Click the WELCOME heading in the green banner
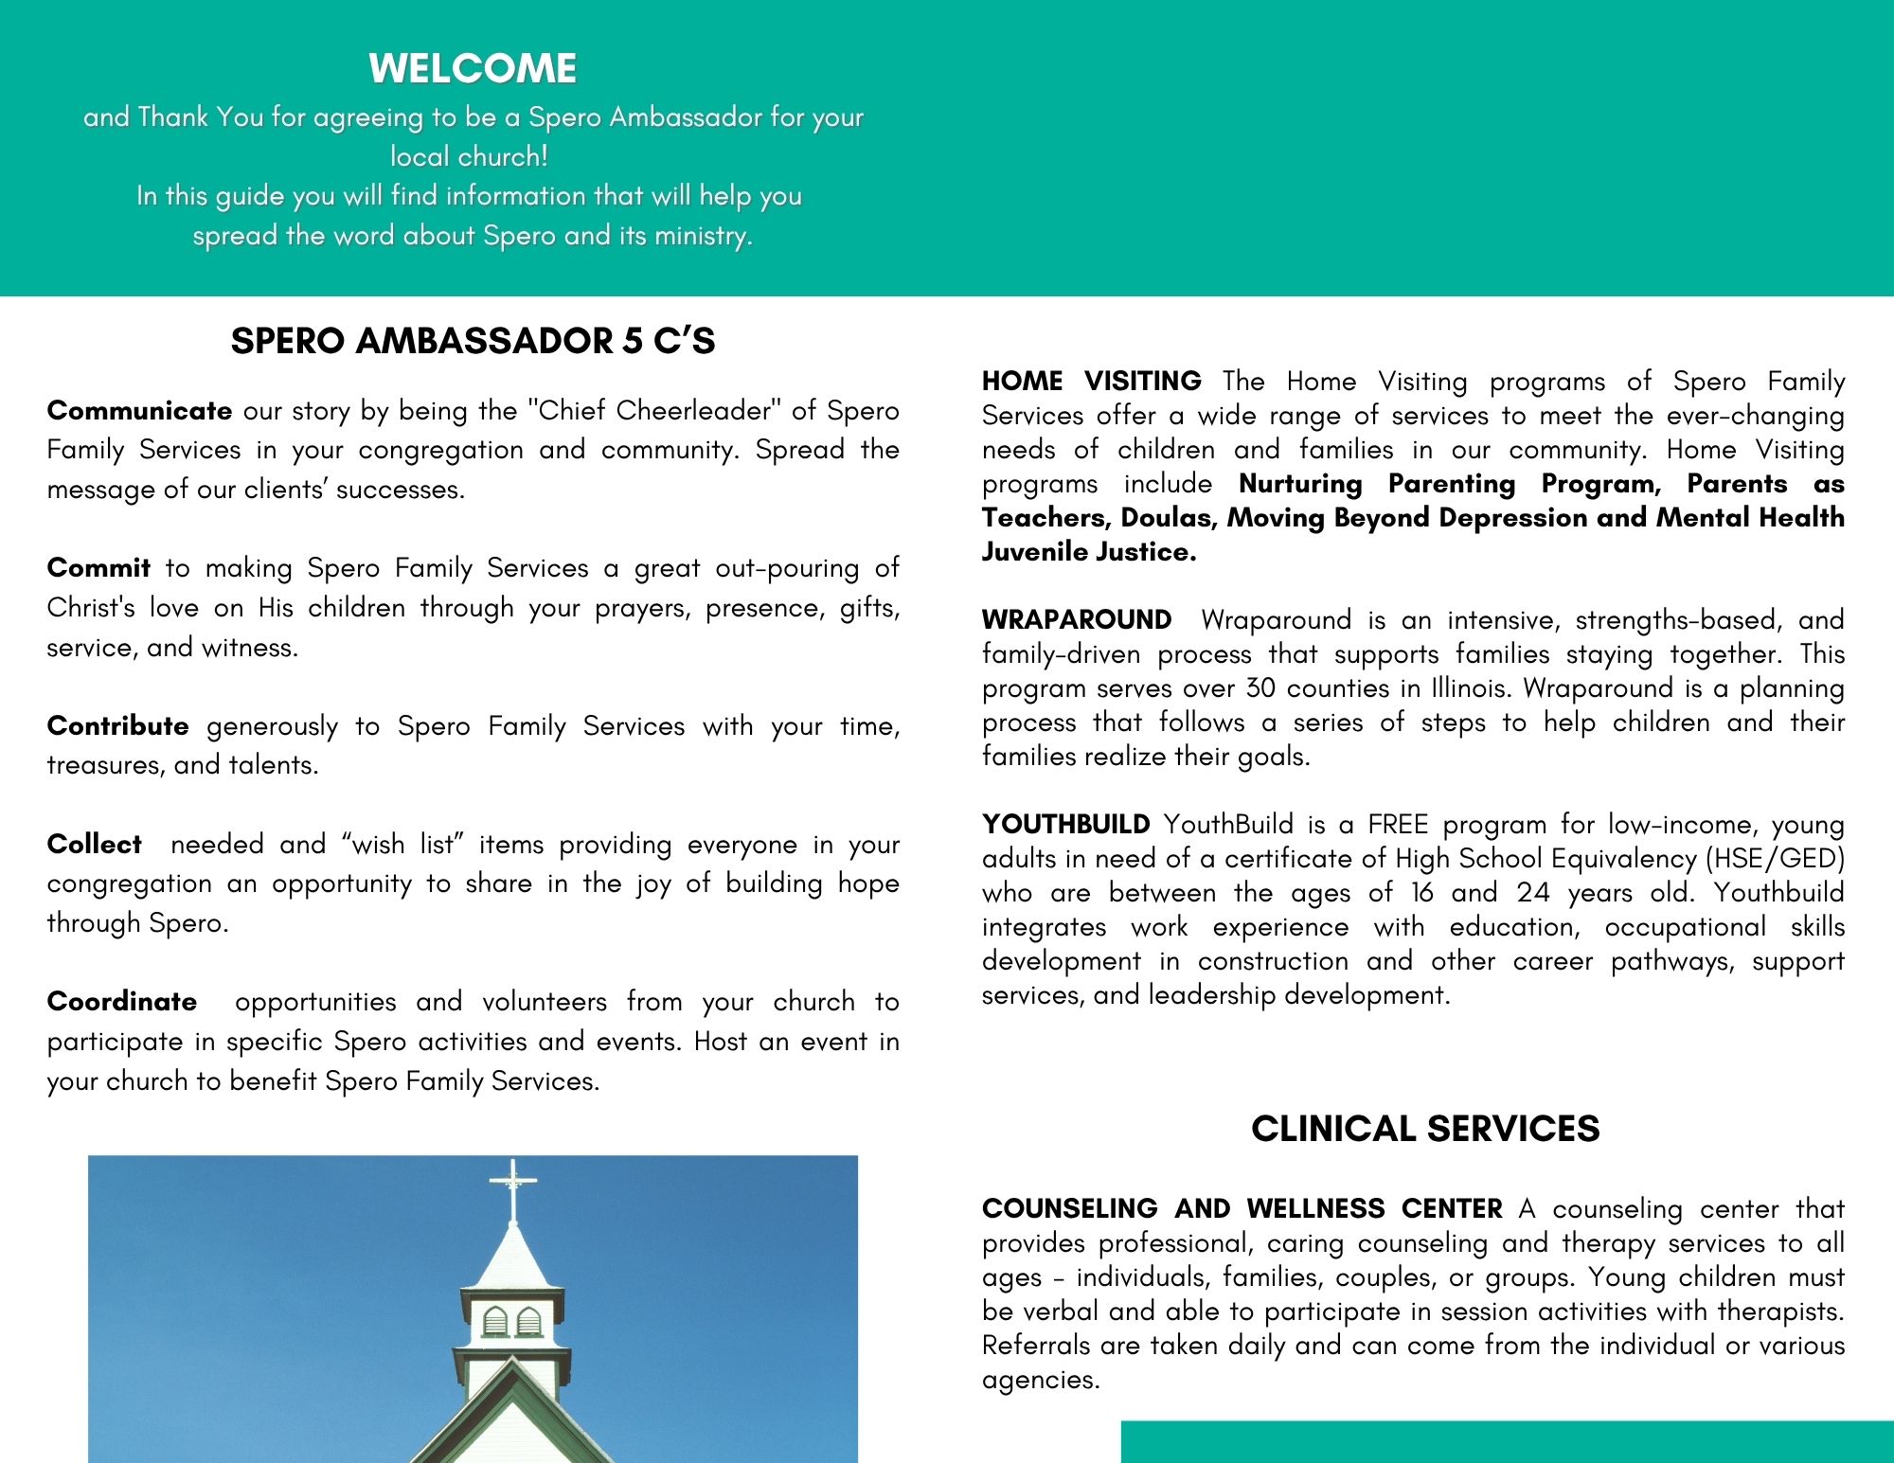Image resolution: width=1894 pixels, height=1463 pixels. (x=473, y=68)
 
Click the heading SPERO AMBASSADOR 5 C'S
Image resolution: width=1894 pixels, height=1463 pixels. (x=473, y=341)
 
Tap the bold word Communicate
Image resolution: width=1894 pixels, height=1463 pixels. (x=139, y=410)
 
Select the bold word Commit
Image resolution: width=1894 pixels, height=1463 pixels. (x=98, y=567)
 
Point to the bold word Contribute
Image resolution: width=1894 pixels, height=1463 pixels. (x=117, y=725)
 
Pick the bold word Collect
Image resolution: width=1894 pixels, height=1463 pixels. (x=95, y=844)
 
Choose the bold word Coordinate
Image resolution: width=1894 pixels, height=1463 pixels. (x=122, y=1001)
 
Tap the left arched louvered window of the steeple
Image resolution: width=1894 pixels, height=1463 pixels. (x=495, y=1322)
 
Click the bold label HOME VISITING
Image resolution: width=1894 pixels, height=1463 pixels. (x=1091, y=381)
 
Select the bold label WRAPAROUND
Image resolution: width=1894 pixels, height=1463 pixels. (x=1077, y=619)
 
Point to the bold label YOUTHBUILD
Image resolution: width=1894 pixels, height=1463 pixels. (x=1065, y=824)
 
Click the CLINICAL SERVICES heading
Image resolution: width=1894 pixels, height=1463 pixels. (x=1425, y=1129)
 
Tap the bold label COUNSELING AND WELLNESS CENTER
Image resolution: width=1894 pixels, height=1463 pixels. (x=1242, y=1208)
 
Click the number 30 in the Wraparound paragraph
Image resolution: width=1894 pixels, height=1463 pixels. (x=1260, y=687)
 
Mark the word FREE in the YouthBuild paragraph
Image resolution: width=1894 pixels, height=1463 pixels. (x=1397, y=824)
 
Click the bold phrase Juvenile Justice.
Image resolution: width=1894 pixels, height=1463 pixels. (x=1089, y=551)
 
